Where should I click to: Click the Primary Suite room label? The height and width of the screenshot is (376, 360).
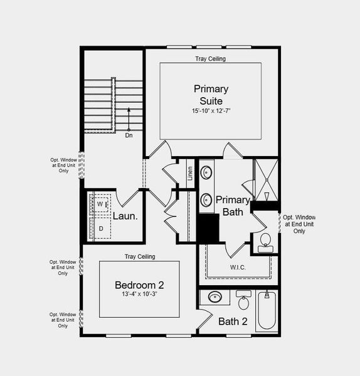(x=211, y=95)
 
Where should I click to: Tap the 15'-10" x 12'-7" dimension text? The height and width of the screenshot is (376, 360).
(x=211, y=111)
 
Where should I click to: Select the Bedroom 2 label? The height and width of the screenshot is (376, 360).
(x=139, y=285)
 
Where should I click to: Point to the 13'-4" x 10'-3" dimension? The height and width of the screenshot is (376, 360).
(x=139, y=295)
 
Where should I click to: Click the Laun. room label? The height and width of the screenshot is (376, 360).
(x=125, y=217)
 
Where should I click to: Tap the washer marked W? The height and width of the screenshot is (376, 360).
(x=100, y=204)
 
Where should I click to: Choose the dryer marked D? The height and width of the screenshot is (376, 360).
(x=100, y=228)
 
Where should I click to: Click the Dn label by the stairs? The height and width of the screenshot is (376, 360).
(x=129, y=135)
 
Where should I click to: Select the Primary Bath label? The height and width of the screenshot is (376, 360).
(x=232, y=206)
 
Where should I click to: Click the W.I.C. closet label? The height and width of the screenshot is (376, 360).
(x=237, y=268)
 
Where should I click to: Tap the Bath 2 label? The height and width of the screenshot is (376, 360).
(x=233, y=322)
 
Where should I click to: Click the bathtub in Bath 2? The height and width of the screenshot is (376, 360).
(x=266, y=311)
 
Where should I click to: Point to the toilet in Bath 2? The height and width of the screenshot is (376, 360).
(x=244, y=301)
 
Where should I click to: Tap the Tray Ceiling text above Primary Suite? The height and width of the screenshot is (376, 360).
(x=210, y=59)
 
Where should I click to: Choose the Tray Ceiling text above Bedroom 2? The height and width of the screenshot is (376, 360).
(x=139, y=256)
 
